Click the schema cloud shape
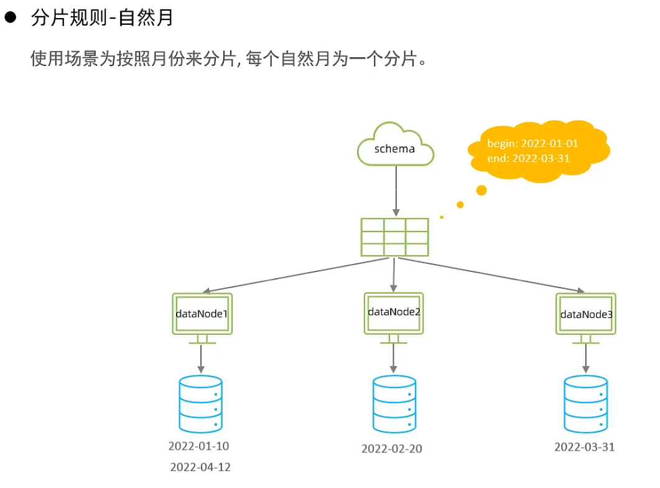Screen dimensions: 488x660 tap(396, 146)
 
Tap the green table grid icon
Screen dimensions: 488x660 tap(394, 237)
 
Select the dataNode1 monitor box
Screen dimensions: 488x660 tap(201, 314)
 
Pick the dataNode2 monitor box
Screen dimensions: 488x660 tap(394, 312)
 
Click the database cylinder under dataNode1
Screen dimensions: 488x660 tap(200, 404)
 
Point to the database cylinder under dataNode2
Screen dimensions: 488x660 tap(394, 405)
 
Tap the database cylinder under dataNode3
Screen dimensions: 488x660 tap(585, 404)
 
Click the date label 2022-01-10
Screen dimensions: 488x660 tap(199, 446)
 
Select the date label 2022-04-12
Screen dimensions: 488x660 tap(200, 467)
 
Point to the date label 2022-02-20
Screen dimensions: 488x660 tap(392, 448)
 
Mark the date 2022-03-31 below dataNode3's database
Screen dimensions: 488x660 tap(585, 446)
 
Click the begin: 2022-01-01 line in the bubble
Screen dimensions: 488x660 tap(532, 143)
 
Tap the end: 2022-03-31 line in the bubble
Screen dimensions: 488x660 tap(528, 158)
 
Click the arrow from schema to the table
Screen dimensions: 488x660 tap(396, 190)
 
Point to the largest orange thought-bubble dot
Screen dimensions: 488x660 tap(480, 190)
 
